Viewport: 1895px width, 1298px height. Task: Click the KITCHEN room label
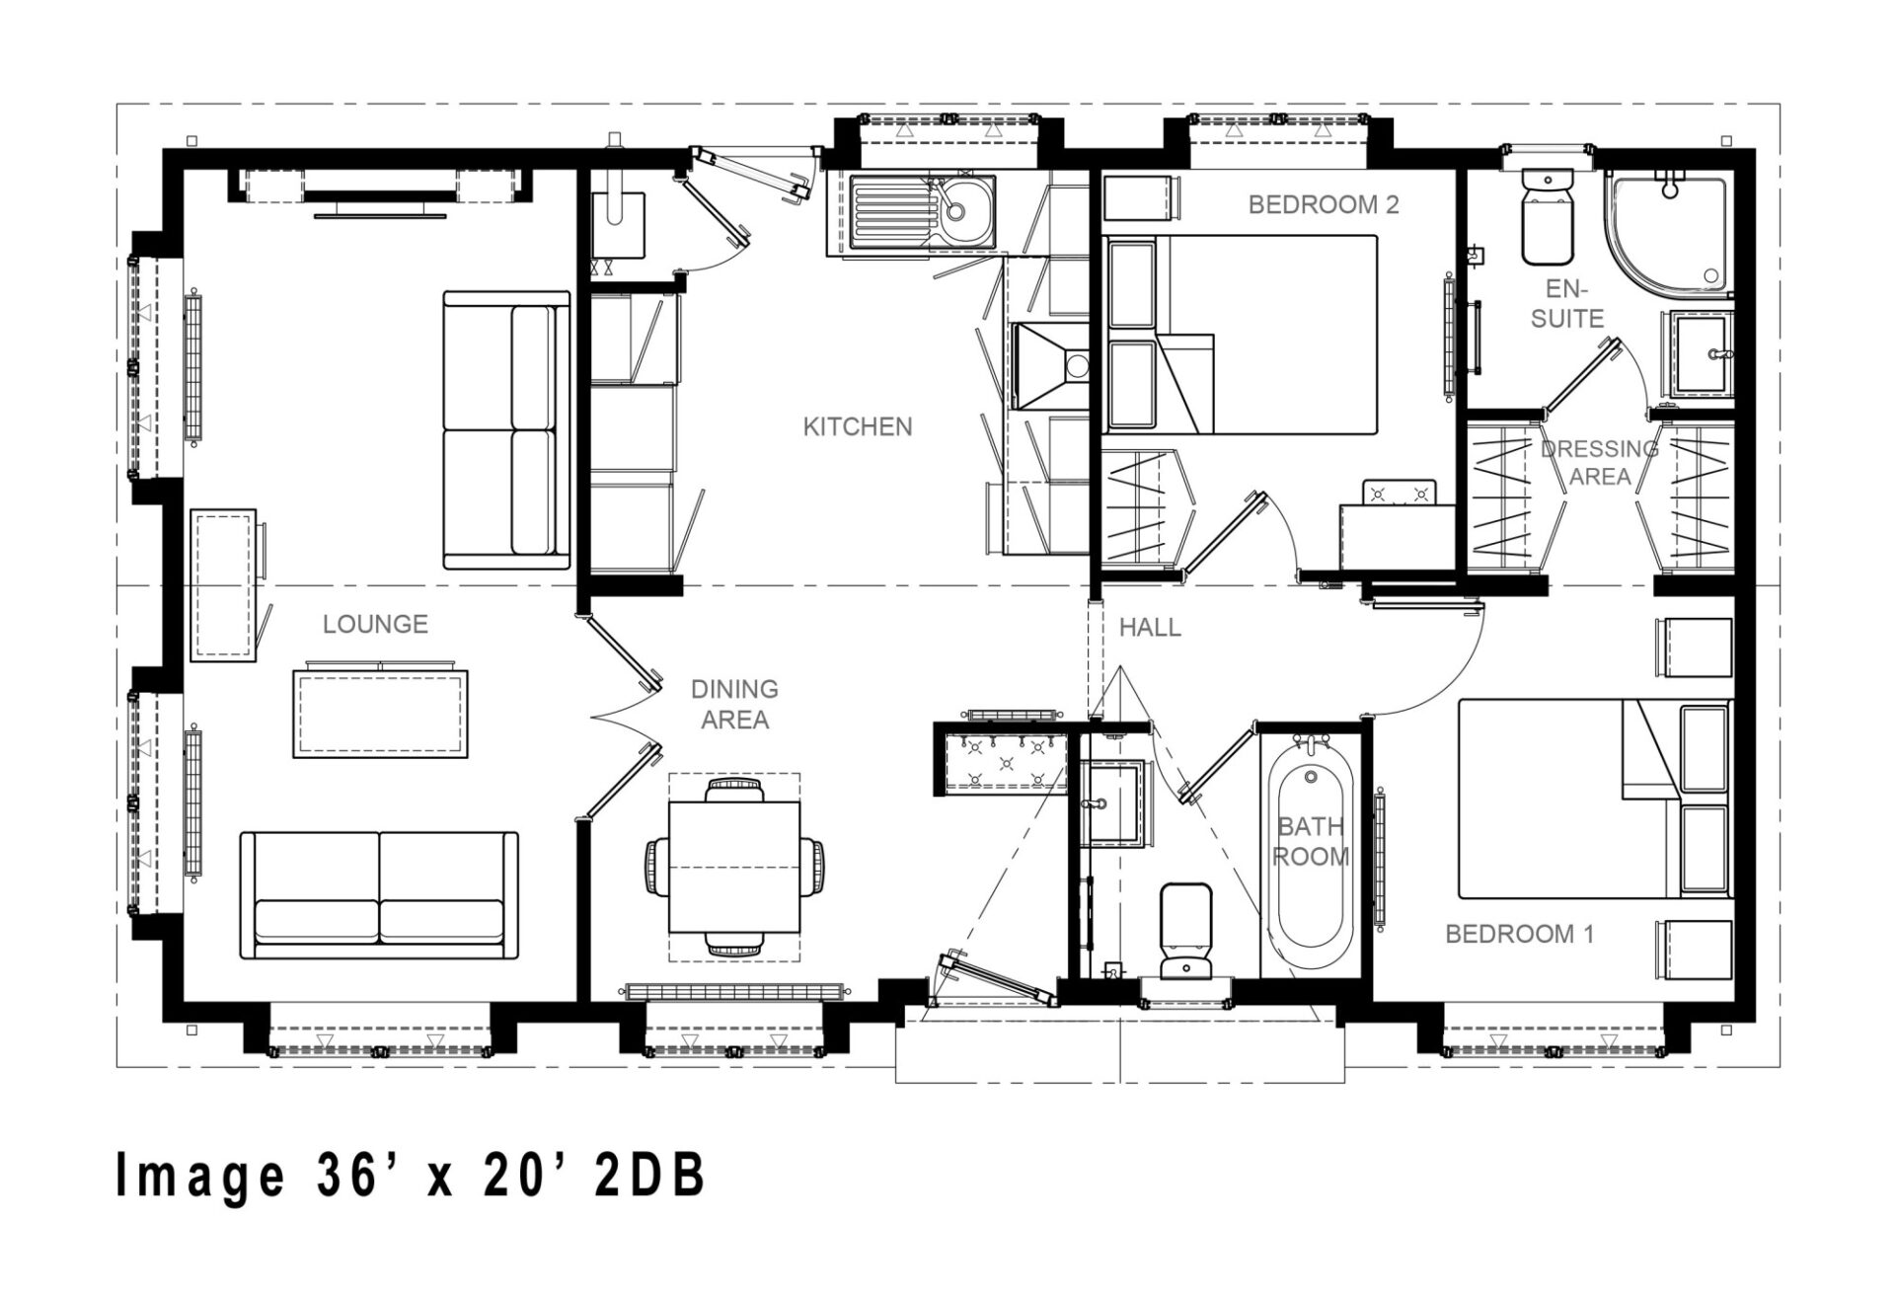857,426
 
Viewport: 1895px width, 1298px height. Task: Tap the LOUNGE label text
375,624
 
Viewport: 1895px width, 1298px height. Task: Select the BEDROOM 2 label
1324,204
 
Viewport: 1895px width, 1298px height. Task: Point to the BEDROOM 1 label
1519,933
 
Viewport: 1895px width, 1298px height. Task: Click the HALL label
1150,627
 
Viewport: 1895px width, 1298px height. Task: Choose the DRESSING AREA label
1599,462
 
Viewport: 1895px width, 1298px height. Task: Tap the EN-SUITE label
1567,303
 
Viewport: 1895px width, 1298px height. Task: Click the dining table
735,867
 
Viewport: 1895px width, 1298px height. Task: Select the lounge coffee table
380,714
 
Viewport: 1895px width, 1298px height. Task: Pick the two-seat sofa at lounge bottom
379,895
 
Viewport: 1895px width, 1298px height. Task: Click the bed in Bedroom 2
1240,335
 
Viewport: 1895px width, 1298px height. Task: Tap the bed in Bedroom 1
1595,800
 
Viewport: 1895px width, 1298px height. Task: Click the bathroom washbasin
1114,803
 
